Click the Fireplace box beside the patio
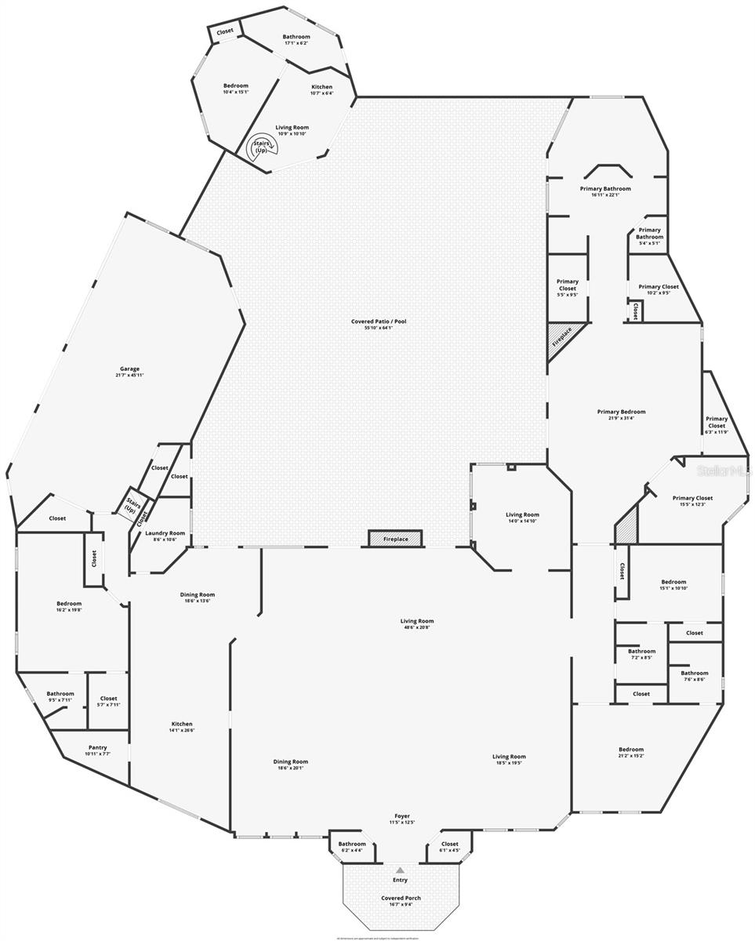pyautogui.click(x=395, y=539)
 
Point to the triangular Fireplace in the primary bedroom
pyautogui.click(x=561, y=338)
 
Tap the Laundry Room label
pyautogui.click(x=165, y=536)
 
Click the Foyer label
pyautogui.click(x=402, y=819)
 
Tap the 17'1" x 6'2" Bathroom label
pyautogui.click(x=296, y=40)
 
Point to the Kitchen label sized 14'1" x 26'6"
pyautogui.click(x=182, y=727)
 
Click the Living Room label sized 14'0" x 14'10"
pyautogui.click(x=522, y=518)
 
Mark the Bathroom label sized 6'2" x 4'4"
pyautogui.click(x=352, y=847)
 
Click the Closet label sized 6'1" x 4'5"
pyautogui.click(x=449, y=847)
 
